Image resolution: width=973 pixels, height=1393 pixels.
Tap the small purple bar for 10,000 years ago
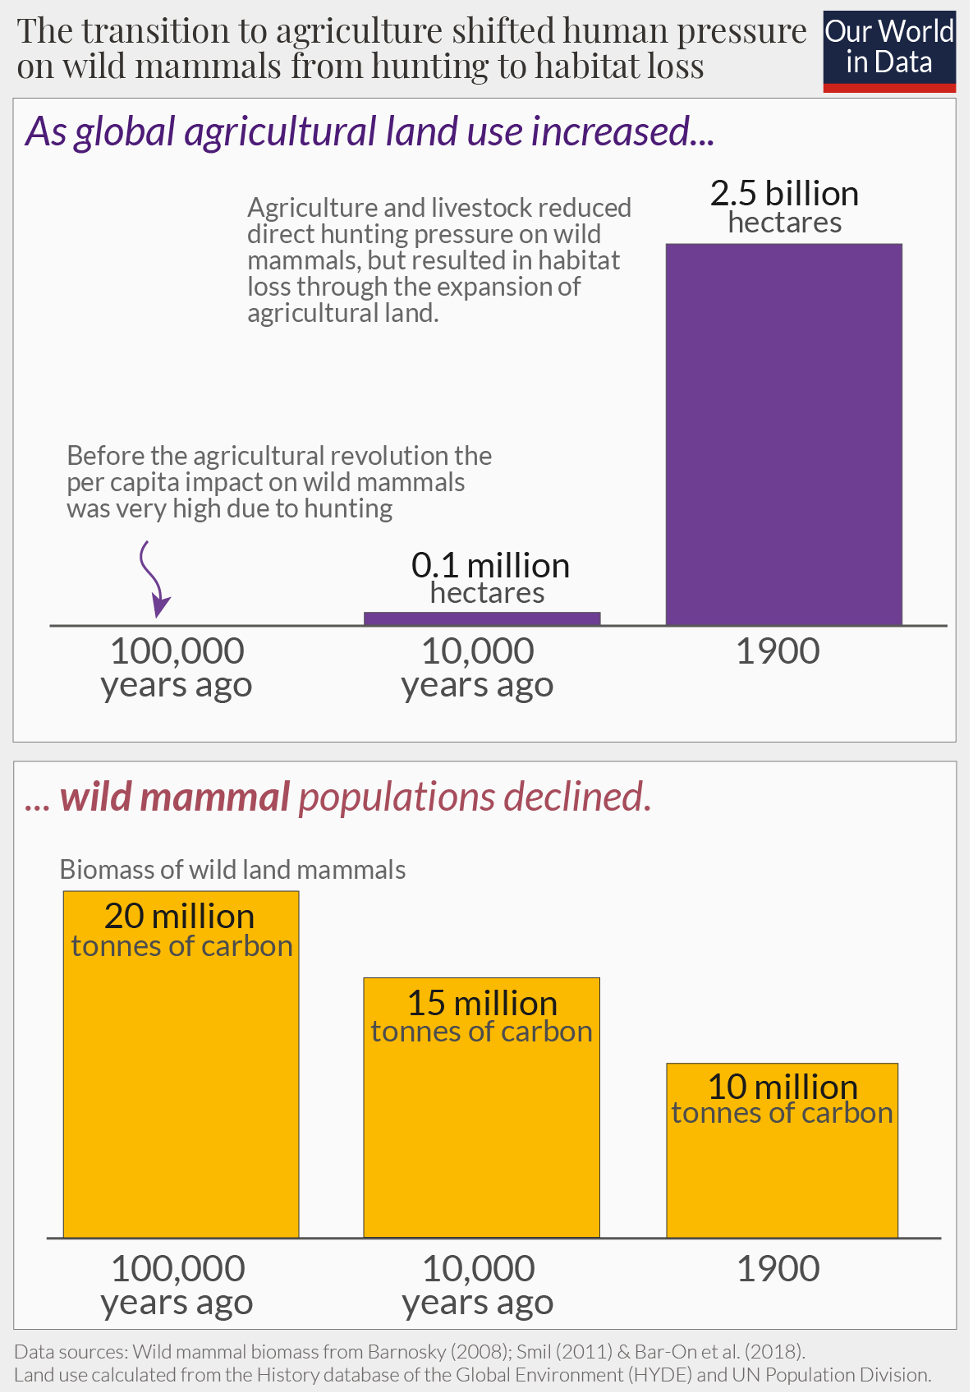click(x=482, y=618)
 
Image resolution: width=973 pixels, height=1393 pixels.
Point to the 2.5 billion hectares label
click(x=784, y=207)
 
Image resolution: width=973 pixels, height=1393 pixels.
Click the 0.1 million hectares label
click(x=489, y=577)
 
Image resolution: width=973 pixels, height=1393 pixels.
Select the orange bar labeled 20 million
click(x=181, y=1092)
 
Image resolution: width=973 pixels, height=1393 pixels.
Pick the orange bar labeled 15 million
click(x=481, y=1133)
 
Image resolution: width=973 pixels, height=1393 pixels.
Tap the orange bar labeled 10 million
click(x=782, y=1175)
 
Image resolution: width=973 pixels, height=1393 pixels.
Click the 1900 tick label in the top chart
click(x=777, y=651)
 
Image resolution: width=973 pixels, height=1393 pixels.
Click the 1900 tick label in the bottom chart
click(x=777, y=1269)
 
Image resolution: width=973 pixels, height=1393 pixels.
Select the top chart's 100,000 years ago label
click(x=177, y=668)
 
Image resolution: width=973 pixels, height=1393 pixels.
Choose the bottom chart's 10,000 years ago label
click(x=478, y=1285)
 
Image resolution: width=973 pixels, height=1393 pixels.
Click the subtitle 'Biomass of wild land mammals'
click(x=232, y=870)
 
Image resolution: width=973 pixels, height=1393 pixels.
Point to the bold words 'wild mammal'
click(x=175, y=798)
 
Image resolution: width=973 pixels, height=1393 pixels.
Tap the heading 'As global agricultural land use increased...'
click(x=369, y=131)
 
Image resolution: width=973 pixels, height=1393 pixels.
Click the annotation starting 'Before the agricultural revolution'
click(x=279, y=482)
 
